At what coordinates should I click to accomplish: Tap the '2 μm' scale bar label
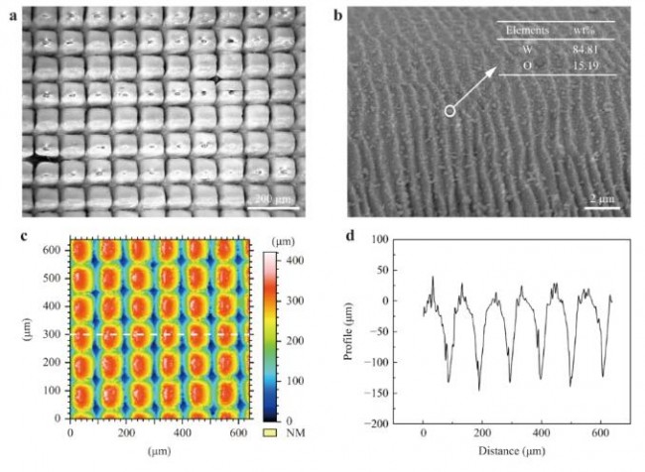(607, 199)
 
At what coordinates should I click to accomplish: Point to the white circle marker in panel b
(450, 112)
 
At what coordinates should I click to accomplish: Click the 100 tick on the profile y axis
(378, 239)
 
